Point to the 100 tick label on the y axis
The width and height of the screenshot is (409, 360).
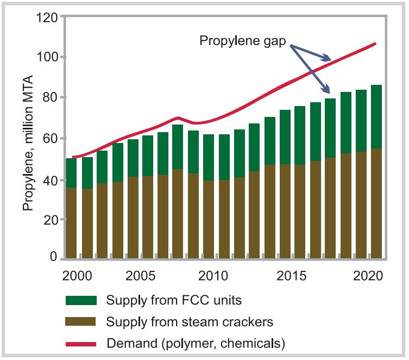48,57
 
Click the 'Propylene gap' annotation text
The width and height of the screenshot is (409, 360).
242,40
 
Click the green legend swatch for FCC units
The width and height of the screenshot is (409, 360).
80,300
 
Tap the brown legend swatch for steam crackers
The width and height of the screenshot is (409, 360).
80,322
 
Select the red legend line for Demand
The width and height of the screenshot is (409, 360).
80,344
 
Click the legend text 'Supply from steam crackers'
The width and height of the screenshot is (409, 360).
190,322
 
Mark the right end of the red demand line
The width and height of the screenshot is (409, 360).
375,44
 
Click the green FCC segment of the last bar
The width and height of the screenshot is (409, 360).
376,117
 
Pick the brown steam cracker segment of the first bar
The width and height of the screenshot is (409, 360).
71,223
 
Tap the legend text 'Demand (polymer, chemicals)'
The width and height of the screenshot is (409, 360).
196,344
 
